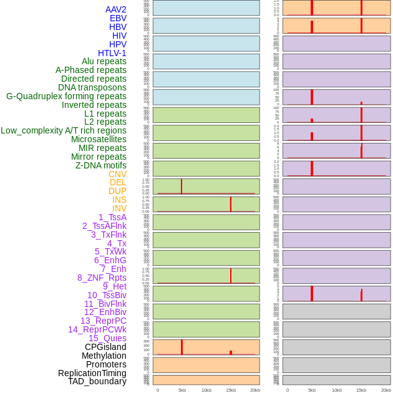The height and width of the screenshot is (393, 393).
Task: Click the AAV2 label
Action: pos(116,9)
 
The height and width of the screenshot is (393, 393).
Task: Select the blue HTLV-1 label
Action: pos(112,53)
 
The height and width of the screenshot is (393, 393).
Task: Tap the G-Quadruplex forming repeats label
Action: pos(66,96)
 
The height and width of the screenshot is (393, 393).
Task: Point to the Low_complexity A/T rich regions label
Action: pos(64,130)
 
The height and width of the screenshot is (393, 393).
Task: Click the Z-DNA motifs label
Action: pos(101,165)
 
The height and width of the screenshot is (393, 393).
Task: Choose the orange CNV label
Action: pos(117,174)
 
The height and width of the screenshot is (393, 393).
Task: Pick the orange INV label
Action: pos(119,208)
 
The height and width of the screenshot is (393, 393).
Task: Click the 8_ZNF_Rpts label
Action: pos(102,278)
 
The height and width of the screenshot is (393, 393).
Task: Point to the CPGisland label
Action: pos(105,347)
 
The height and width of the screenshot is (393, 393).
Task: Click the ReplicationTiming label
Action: pos(92,373)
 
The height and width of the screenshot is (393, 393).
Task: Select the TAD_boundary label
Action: pos(97,381)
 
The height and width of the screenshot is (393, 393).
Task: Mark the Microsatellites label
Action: pos(99,139)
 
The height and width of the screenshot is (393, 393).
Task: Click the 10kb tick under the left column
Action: pos(206,390)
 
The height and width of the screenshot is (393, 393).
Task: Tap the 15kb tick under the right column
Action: pos(361,390)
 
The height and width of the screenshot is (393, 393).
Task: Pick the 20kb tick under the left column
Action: pos(255,390)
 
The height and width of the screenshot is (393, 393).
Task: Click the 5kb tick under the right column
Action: pos(312,390)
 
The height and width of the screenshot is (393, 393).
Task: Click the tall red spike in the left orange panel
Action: pos(182,347)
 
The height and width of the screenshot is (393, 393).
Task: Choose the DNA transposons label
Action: pos(92,87)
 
